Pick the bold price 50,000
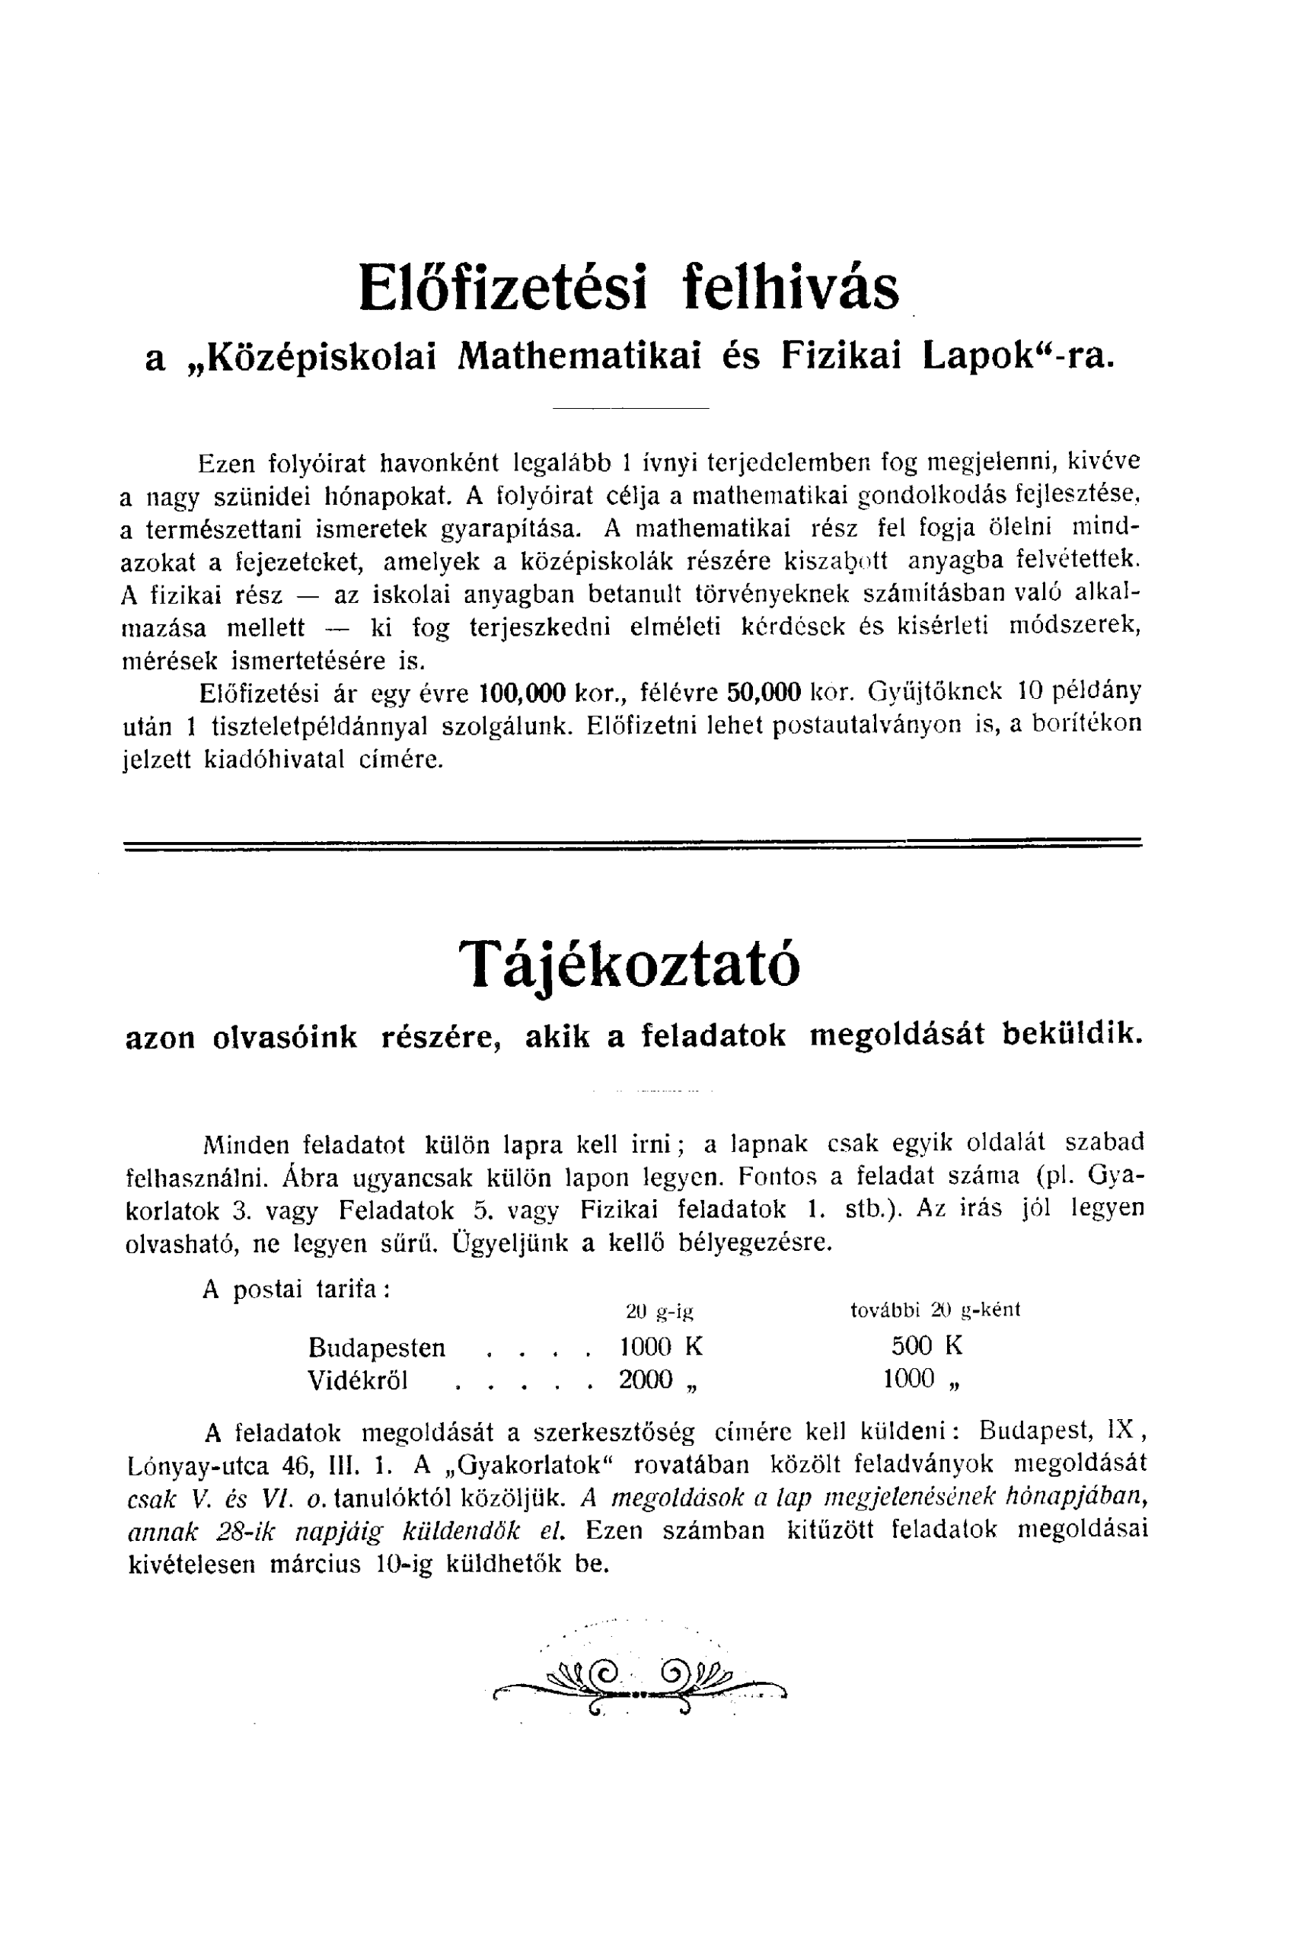click(764, 692)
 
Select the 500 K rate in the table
click(927, 1346)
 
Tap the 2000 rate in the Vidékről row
click(646, 1380)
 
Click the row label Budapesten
click(376, 1348)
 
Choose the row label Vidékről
click(358, 1380)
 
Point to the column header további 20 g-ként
click(935, 1310)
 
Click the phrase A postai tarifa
click(296, 1289)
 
